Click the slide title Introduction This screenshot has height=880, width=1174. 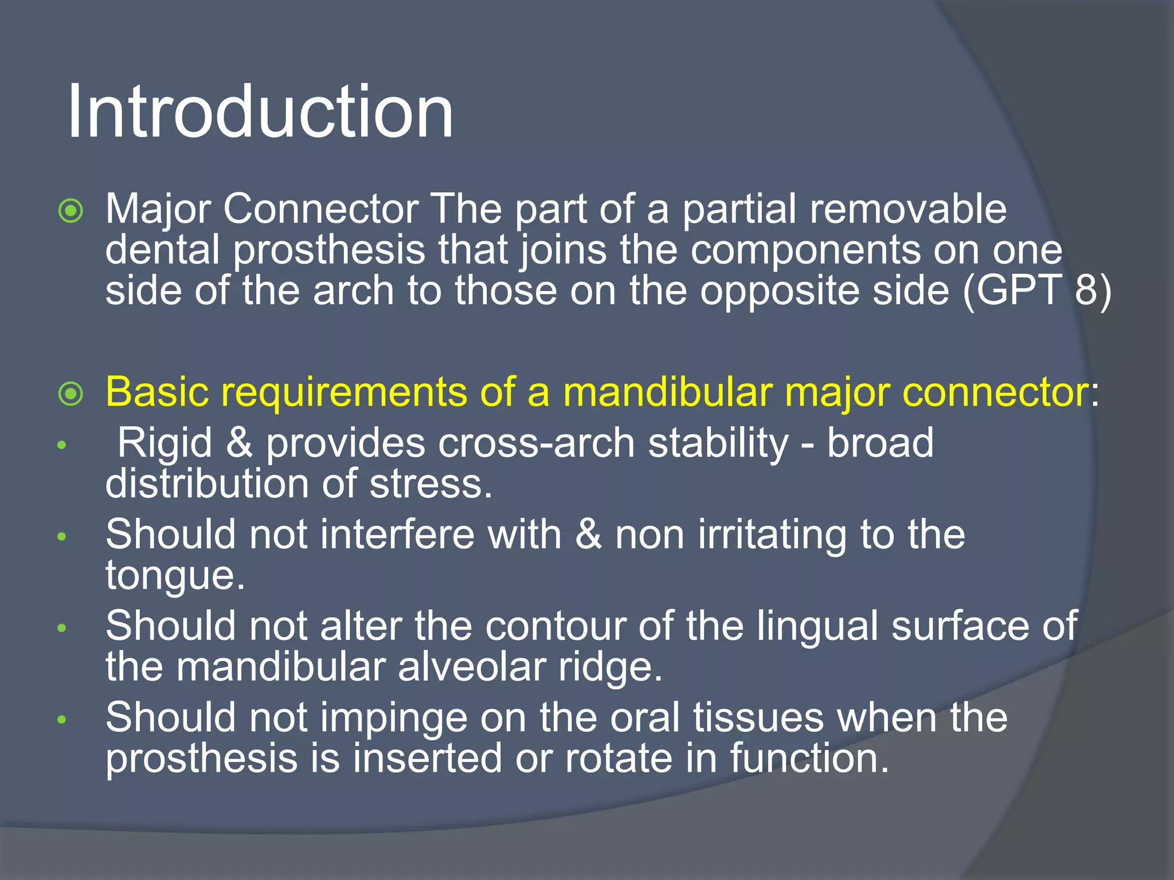(x=261, y=112)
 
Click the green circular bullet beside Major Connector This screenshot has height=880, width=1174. (x=71, y=211)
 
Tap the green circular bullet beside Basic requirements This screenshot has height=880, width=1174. (x=71, y=394)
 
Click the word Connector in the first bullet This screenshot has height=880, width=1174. (x=320, y=209)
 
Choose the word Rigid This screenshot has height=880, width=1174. (x=165, y=443)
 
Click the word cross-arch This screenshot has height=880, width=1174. (x=536, y=443)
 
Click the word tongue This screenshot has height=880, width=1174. (x=175, y=576)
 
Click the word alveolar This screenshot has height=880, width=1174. (x=472, y=668)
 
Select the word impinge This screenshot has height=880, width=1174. (x=394, y=718)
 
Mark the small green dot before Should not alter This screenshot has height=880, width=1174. (x=62, y=628)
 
